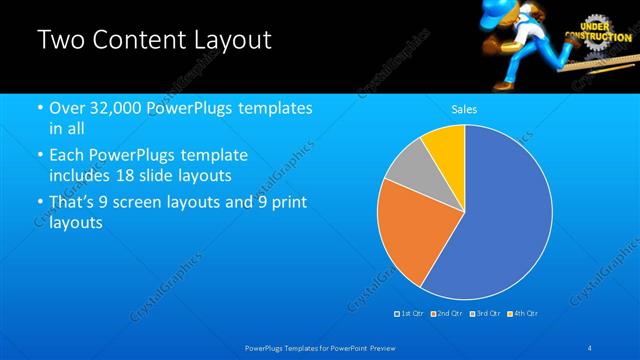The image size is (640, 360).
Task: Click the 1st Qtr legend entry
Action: (x=410, y=314)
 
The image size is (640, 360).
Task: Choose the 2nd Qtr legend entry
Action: (x=447, y=314)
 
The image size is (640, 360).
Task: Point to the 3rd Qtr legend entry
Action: (x=485, y=314)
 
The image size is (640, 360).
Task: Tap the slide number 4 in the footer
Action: (x=590, y=347)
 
